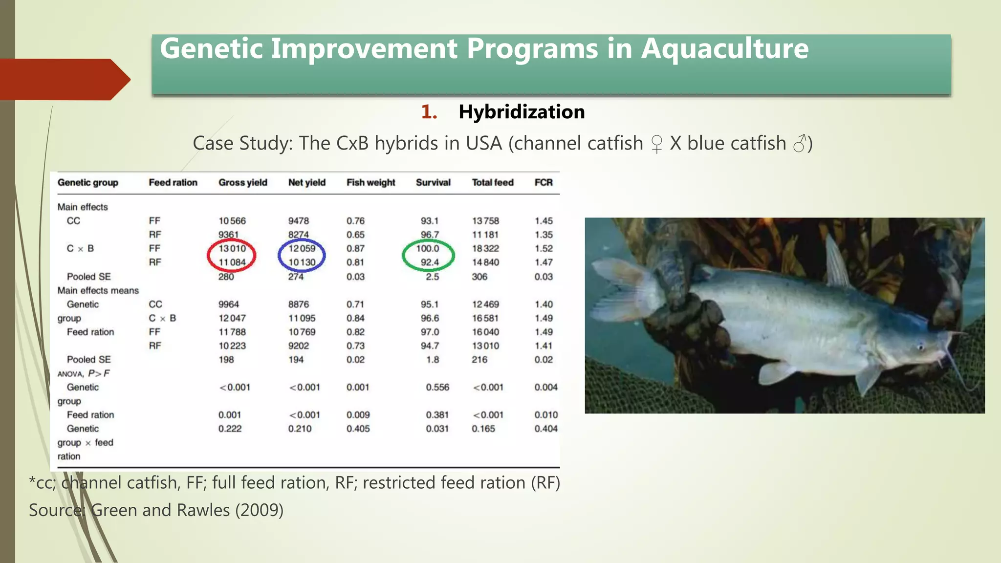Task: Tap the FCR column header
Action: [543, 182]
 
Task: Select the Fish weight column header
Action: [370, 182]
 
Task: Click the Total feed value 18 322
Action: [485, 248]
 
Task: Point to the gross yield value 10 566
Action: [232, 221]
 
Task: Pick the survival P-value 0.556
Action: [437, 387]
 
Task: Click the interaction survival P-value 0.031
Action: [437, 429]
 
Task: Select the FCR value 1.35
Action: [544, 235]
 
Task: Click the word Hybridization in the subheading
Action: [521, 112]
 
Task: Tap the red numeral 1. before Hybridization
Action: [429, 112]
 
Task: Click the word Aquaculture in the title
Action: [724, 49]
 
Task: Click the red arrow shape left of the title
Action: [64, 79]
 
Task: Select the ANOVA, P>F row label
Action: [84, 373]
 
